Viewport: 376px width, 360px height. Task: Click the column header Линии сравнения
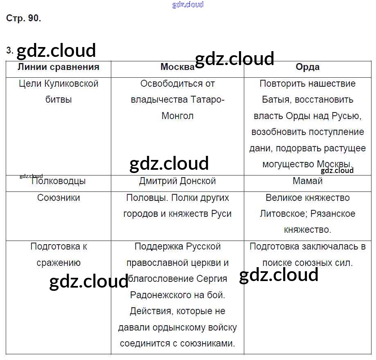pos(59,67)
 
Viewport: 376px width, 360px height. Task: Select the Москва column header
pos(178,67)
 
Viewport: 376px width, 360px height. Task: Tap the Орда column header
pos(308,67)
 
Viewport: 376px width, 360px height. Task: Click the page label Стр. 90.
pos(23,18)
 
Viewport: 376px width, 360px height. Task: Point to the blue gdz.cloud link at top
pos(188,4)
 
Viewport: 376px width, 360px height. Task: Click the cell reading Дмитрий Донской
pos(178,181)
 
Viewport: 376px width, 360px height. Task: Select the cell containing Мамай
pos(308,181)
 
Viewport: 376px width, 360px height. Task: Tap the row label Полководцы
pos(59,181)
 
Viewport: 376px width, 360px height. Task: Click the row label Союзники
pos(59,198)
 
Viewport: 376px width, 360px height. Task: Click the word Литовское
pos(284,214)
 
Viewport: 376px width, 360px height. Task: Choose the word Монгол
pos(178,116)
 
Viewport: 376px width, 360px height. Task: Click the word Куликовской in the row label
pos(72,84)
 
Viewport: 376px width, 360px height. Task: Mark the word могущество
pos(288,164)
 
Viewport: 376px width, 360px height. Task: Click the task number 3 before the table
pos(9,50)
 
